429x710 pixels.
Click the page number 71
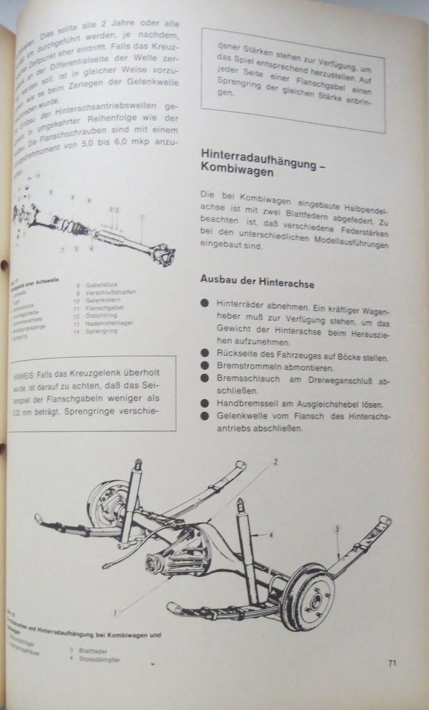[x=392, y=663]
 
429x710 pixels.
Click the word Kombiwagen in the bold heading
[x=237, y=171]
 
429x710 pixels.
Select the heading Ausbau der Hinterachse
[x=257, y=281]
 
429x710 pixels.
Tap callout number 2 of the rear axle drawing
[x=275, y=462]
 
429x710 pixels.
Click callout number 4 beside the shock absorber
[x=271, y=535]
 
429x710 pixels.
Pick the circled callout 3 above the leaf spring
[x=337, y=528]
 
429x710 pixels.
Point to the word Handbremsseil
[x=245, y=403]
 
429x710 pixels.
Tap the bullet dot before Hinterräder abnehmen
[x=204, y=303]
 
